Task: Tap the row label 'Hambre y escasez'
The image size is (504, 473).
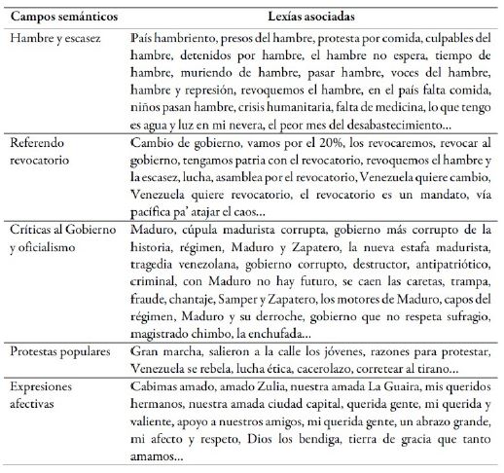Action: click(x=55, y=36)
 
